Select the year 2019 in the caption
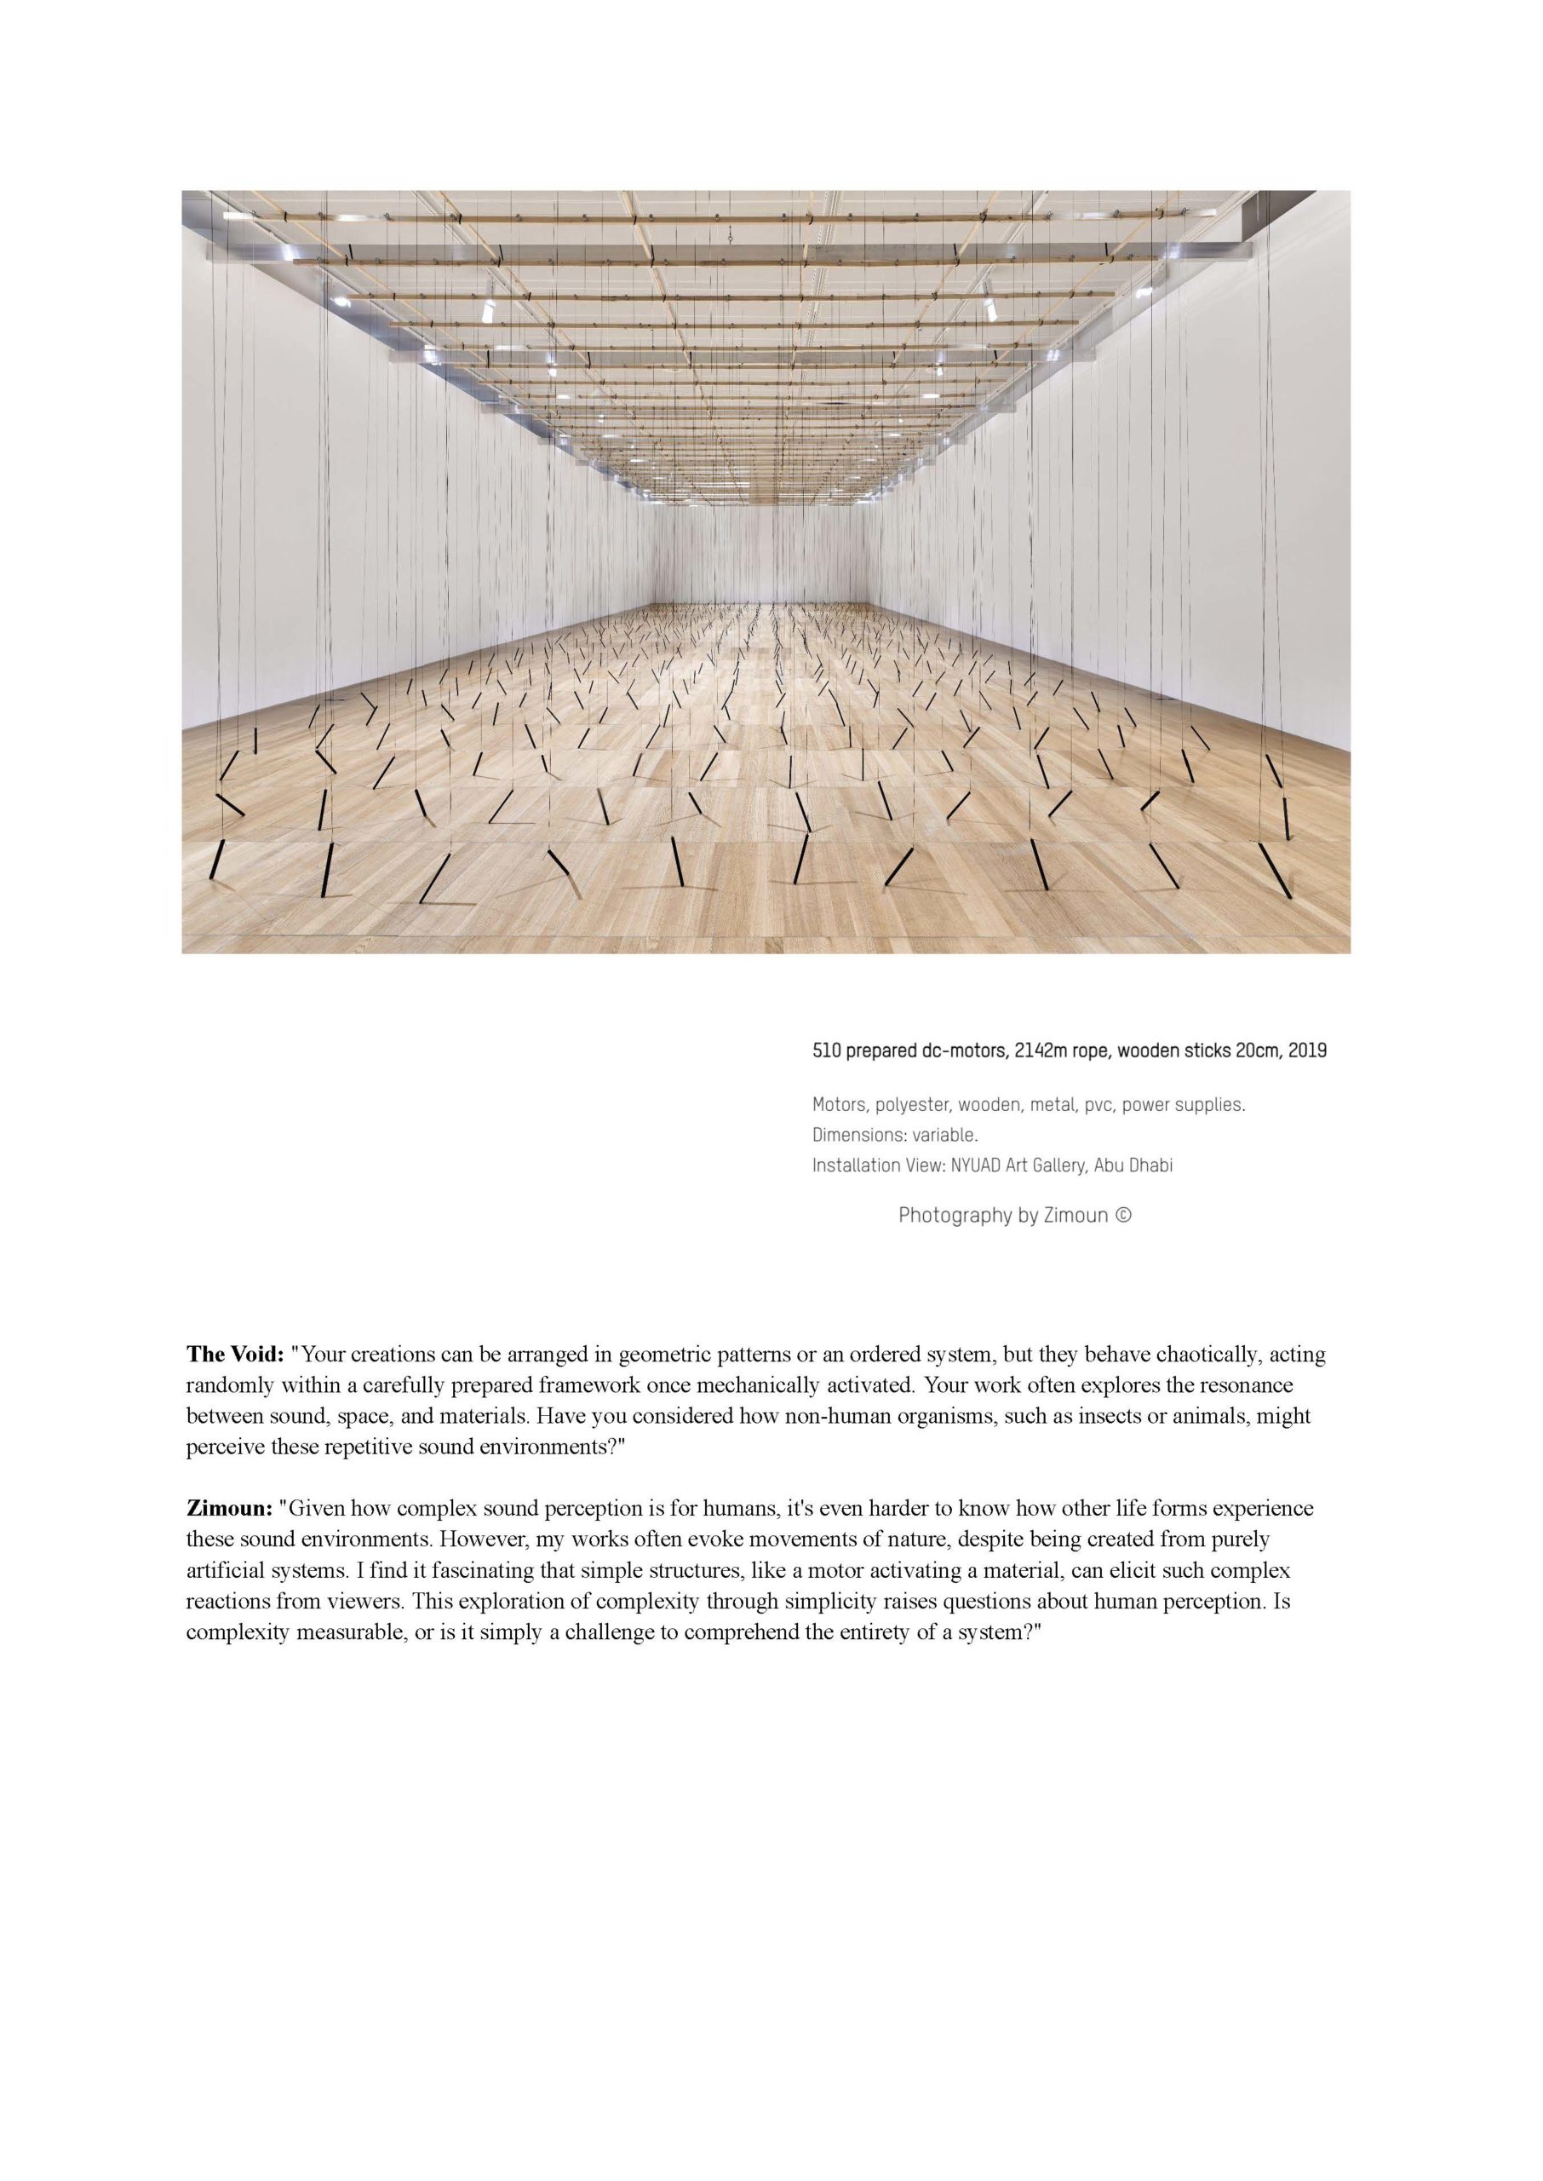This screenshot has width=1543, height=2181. coord(1307,1051)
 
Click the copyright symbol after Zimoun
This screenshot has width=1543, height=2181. coord(1123,1215)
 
